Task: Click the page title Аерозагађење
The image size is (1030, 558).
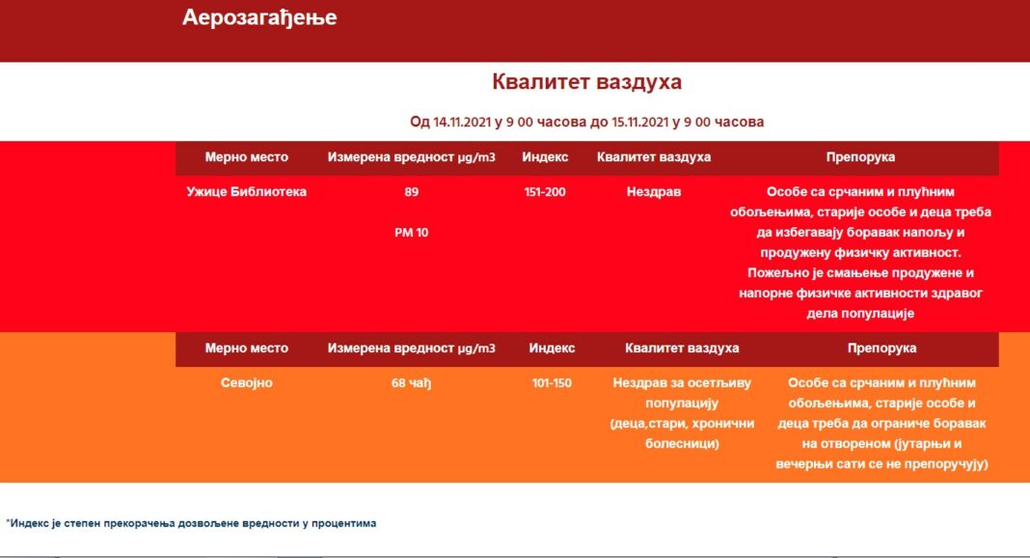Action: [259, 17]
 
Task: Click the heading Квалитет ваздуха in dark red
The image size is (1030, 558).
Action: [586, 82]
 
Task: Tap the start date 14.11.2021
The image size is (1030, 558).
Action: [462, 123]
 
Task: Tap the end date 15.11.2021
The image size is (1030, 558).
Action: [640, 123]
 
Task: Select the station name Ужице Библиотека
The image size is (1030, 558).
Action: [246, 192]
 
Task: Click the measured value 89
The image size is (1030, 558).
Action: [411, 192]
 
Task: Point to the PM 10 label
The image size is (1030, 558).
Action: [411, 233]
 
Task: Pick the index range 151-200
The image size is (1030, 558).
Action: [545, 192]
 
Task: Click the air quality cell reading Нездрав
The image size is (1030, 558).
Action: [654, 192]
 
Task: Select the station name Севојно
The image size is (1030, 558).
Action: [246, 383]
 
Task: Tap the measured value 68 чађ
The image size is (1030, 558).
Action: [411, 383]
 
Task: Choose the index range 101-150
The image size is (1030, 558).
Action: [552, 383]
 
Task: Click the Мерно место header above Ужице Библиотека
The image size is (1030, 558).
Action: [246, 157]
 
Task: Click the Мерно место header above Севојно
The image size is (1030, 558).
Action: [246, 349]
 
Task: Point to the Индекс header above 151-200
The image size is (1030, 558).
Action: [545, 157]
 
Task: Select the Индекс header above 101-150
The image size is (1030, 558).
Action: [552, 349]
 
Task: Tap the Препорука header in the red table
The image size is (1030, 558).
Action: [860, 157]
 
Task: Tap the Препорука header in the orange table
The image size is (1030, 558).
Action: [881, 349]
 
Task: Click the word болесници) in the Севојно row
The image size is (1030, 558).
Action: [682, 444]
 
